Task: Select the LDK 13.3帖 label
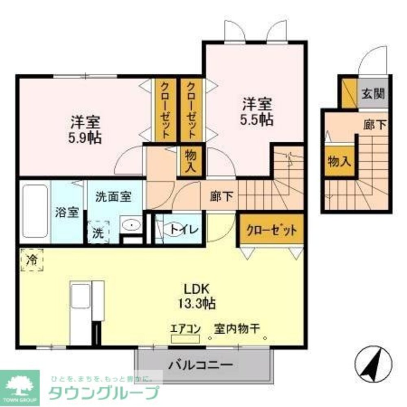coord(197,296)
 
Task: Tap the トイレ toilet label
coord(184,230)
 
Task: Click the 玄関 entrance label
coord(373,94)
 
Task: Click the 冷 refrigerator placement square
coord(31,260)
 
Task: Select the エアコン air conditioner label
coord(185,328)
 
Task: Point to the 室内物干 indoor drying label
coord(237,328)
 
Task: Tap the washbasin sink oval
coord(131,224)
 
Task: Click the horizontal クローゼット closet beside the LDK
coord(271,230)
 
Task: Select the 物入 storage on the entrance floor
coord(339,162)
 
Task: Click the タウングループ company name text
coord(104,393)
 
